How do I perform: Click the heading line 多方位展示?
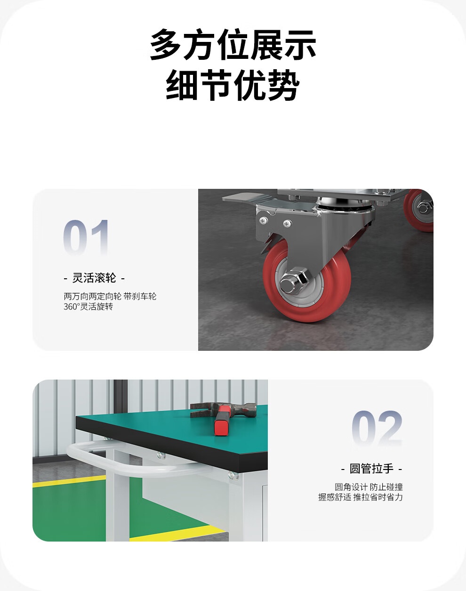[x=233, y=45]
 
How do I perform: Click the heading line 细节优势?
[x=233, y=86]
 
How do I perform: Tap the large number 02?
[x=377, y=428]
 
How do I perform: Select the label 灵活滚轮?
[x=94, y=278]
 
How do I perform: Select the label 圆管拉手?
[x=371, y=469]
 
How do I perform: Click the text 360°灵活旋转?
[x=88, y=307]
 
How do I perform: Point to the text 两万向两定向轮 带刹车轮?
[x=110, y=296]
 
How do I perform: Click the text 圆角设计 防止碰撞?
[x=369, y=487]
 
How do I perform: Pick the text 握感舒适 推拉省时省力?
[x=361, y=497]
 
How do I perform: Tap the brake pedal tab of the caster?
[x=240, y=197]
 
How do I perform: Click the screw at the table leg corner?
[x=232, y=476]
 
